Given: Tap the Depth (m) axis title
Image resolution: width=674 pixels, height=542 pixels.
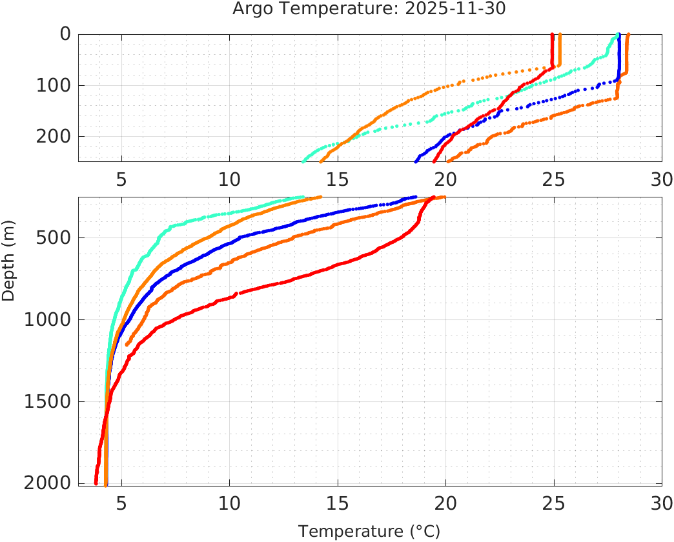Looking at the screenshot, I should click(x=8, y=266).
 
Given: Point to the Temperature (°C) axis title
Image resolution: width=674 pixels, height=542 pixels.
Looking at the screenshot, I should click(x=369, y=532).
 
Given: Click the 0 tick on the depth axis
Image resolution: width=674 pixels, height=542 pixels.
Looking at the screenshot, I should click(x=65, y=34).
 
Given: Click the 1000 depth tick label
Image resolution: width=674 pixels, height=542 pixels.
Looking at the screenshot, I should click(x=46, y=319).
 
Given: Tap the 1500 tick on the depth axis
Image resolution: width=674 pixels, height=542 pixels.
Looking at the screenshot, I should click(x=46, y=401).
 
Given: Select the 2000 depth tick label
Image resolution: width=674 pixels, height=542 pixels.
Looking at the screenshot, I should click(x=46, y=483).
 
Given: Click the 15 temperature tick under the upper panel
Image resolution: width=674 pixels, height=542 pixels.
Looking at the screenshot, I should click(x=338, y=178).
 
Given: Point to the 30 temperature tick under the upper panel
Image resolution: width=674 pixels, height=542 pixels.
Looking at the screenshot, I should click(x=662, y=178).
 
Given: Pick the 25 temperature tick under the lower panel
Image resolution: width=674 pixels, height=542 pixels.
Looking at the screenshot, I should click(x=554, y=502).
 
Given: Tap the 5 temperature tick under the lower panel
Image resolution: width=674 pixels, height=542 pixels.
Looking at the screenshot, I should click(x=121, y=502).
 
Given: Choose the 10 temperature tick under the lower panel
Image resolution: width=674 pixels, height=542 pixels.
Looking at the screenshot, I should click(x=229, y=502).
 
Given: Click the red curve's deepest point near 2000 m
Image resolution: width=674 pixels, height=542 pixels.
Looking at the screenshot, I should click(x=96, y=483).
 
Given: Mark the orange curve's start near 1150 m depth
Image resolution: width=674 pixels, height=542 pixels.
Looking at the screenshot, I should click(x=127, y=345).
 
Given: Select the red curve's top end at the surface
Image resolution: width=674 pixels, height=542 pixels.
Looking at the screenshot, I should click(x=552, y=35).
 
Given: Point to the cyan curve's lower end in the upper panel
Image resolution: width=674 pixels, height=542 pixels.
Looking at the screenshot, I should click(x=303, y=161).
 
